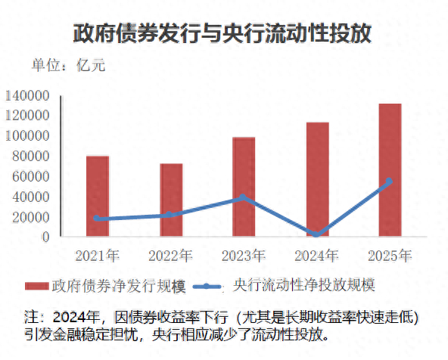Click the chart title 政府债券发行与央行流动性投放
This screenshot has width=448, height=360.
[x=223, y=33]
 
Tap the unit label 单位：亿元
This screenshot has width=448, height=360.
[x=68, y=65]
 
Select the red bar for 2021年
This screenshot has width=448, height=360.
[x=98, y=197]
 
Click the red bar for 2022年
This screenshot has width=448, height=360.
[x=171, y=200]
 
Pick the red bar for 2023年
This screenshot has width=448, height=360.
[x=244, y=188]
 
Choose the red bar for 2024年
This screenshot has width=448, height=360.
[x=317, y=180]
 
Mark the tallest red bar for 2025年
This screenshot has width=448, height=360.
[x=390, y=170]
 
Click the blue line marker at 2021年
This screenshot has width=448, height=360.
[x=98, y=219]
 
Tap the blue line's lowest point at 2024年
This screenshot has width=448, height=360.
[x=317, y=234]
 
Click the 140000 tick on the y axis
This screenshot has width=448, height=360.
[x=27, y=95]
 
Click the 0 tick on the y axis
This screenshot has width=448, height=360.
[x=45, y=237]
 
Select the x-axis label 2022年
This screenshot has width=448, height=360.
[x=171, y=254]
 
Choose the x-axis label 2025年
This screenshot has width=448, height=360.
[x=390, y=254]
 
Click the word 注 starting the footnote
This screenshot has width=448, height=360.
[x=32, y=315]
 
